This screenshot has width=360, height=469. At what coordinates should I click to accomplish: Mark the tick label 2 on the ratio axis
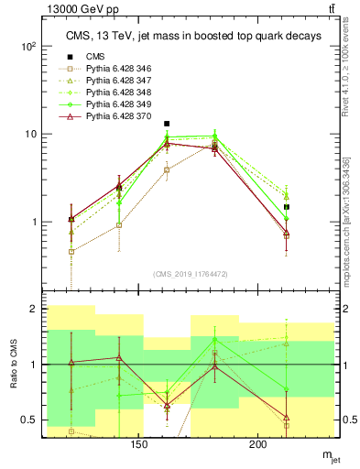38,310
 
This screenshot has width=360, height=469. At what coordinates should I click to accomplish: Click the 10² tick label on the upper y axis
32,46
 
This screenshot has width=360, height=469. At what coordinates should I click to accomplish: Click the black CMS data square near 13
167,123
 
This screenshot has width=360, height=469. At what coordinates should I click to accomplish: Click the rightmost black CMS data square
287,207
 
